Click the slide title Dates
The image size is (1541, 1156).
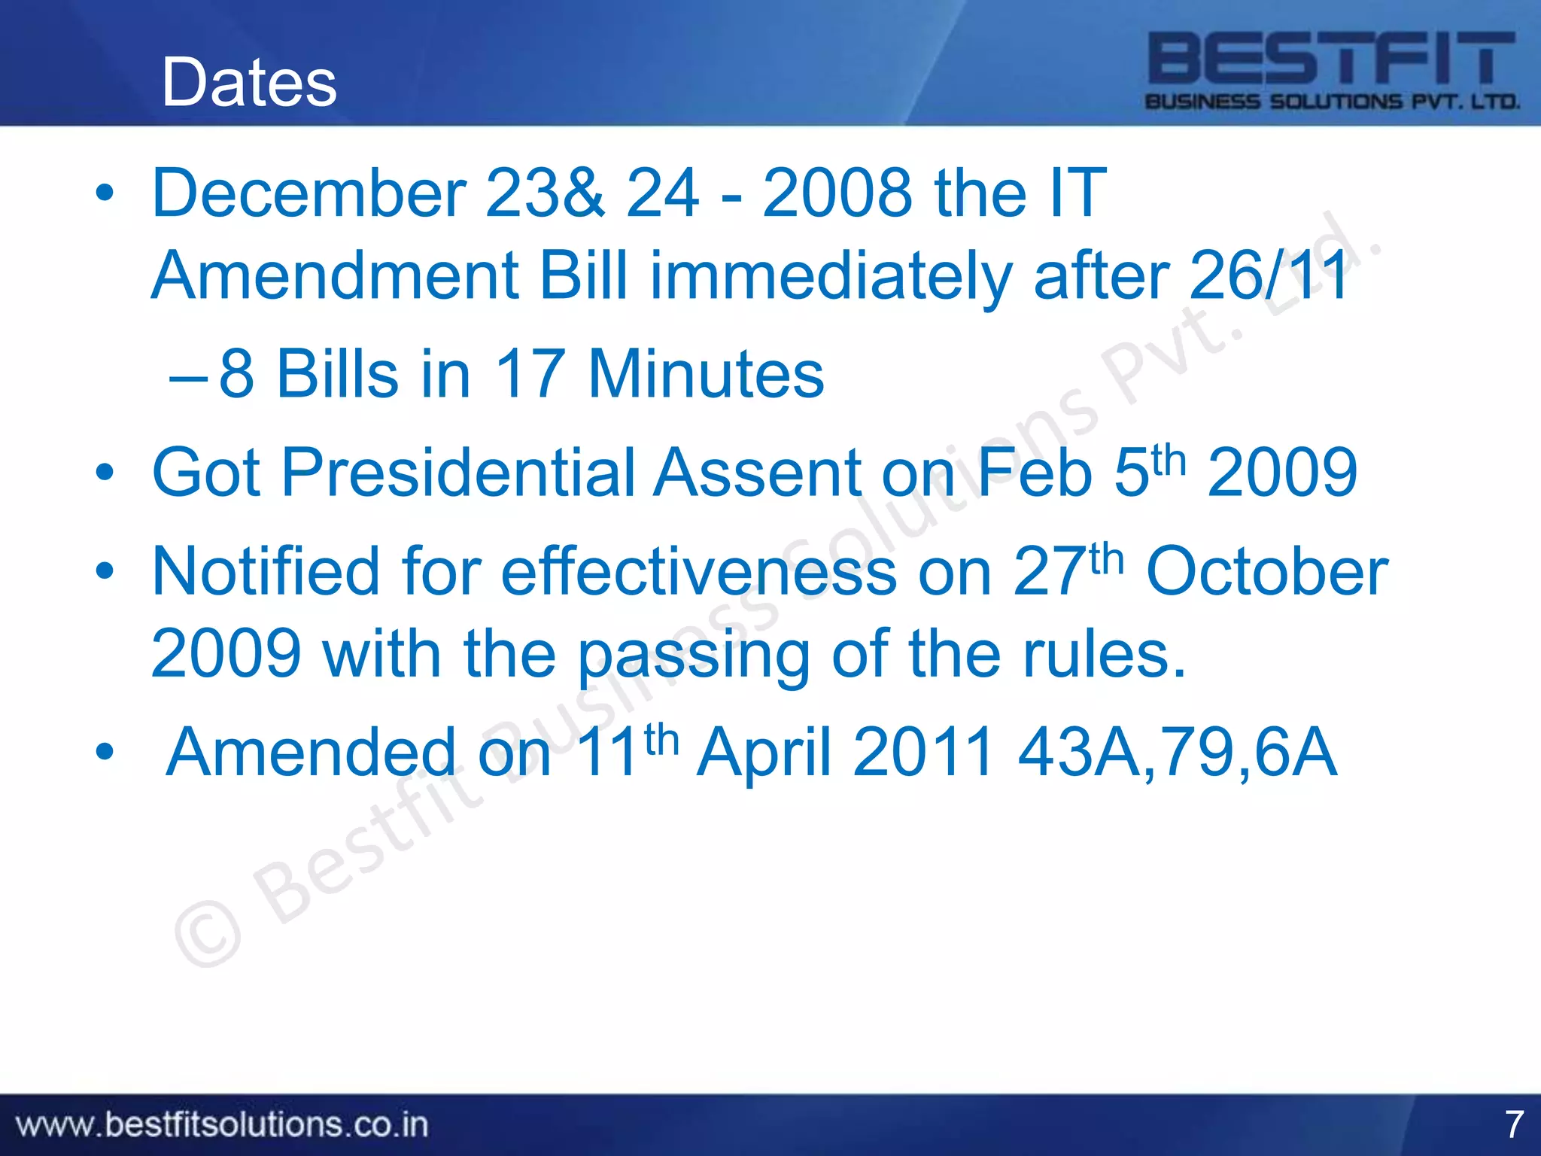tap(249, 82)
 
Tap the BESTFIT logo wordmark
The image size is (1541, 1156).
tap(1331, 58)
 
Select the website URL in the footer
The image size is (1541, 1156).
tap(222, 1125)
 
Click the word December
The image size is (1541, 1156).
tap(309, 193)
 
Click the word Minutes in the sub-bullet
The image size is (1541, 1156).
tap(705, 374)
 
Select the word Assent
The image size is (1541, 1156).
tap(756, 473)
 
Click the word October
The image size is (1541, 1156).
tap(1266, 572)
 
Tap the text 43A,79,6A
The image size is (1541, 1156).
tap(1177, 752)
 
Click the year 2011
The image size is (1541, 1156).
tap(923, 752)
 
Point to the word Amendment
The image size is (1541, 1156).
tap(335, 276)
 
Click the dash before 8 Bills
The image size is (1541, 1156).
tap(188, 376)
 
